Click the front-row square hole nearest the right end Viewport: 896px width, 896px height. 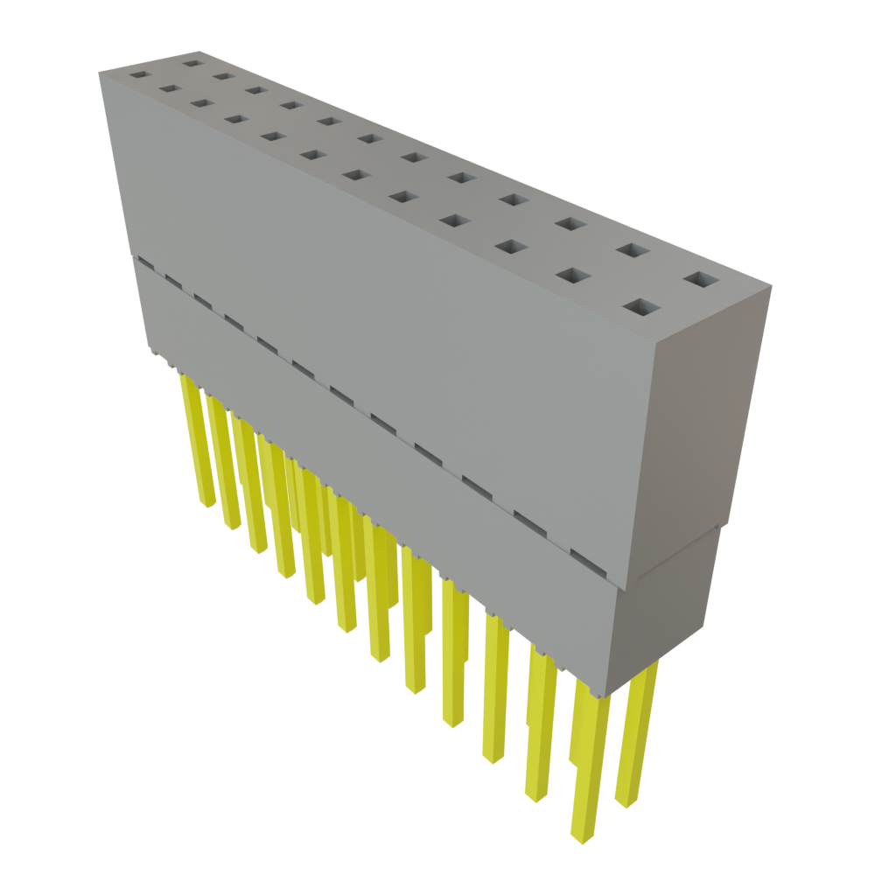(642, 308)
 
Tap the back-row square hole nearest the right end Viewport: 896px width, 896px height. (701, 280)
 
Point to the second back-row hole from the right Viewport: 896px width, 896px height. (632, 250)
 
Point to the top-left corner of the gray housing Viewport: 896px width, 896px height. (100, 73)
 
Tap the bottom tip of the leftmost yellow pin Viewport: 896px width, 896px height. (206, 505)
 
